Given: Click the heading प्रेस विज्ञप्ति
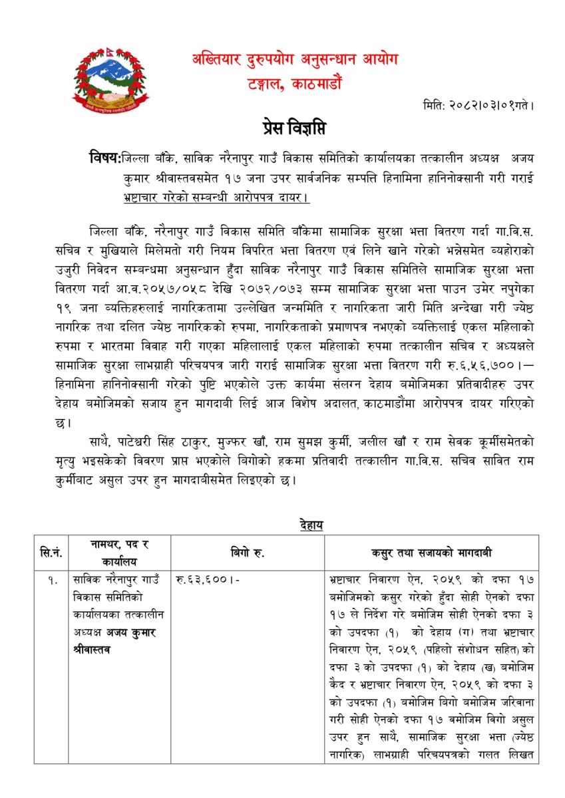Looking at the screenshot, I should click(x=293, y=128).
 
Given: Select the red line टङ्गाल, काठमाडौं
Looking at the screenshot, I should click(x=293, y=84).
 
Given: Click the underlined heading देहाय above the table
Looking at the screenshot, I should click(x=311, y=525).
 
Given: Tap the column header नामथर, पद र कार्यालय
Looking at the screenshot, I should click(x=120, y=552).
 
